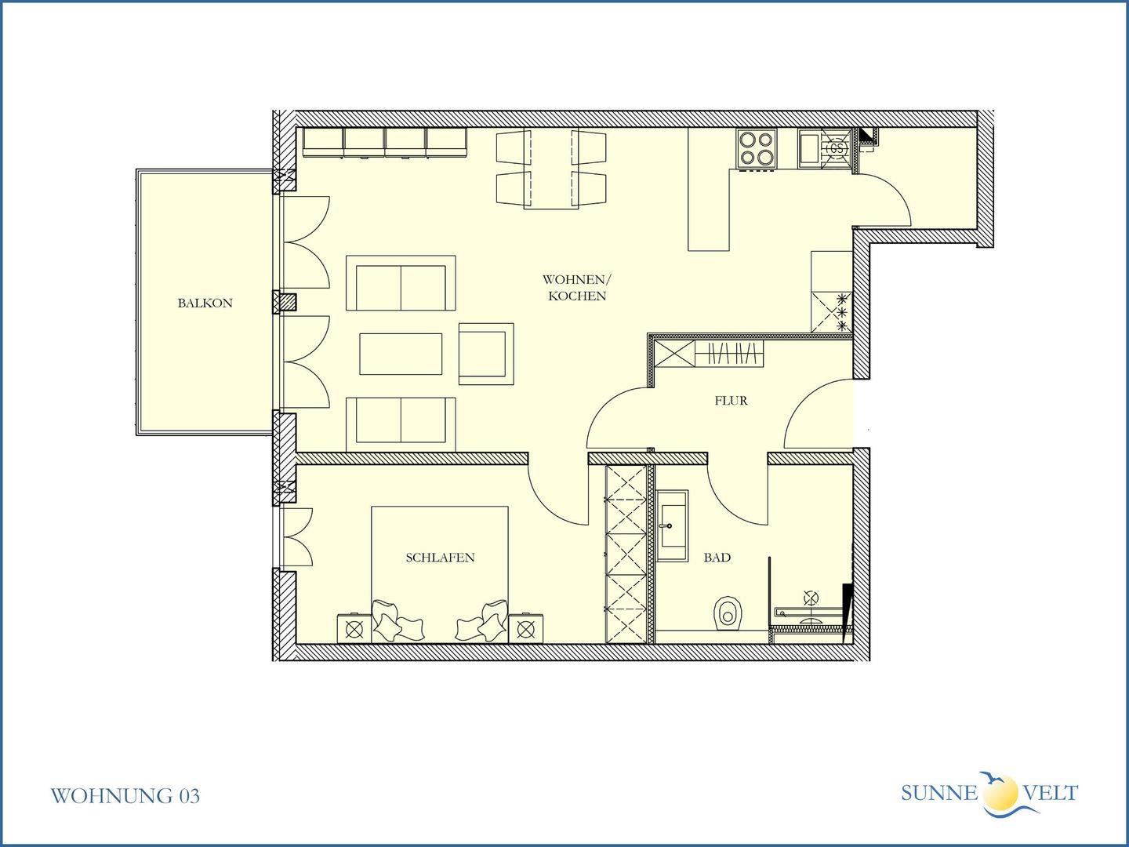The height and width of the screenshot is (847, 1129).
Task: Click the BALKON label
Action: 205,303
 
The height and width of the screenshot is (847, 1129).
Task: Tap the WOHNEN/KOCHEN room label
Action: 576,288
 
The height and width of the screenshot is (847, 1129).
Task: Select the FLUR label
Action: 731,401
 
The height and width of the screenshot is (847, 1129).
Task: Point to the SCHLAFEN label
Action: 440,558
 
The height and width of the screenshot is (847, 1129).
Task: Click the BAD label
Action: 717,558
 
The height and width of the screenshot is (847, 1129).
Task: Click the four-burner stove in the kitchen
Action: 756,148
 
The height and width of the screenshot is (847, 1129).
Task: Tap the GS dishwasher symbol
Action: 837,148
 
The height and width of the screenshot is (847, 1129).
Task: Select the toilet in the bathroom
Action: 727,613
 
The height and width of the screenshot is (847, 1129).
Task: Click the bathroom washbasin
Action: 672,525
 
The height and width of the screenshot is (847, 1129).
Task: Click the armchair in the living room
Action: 486,354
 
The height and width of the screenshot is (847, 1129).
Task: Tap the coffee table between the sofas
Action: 401,354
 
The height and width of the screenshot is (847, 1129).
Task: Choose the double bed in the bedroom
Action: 440,574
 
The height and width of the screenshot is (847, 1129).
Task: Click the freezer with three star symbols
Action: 832,312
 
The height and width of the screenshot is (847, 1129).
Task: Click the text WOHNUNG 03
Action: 125,795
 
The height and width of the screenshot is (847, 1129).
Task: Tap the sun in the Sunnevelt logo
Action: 1000,792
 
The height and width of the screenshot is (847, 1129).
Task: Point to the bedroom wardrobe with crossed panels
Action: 626,554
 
